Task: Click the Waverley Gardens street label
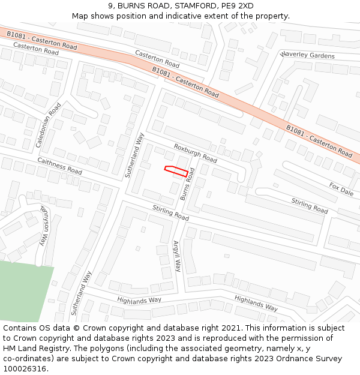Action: point(307,55)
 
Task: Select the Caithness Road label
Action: point(59,166)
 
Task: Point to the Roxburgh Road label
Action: point(196,153)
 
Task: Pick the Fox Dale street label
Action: point(341,189)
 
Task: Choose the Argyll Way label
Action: point(177,257)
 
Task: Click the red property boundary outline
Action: point(175,170)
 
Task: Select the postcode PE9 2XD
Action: point(237,6)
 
